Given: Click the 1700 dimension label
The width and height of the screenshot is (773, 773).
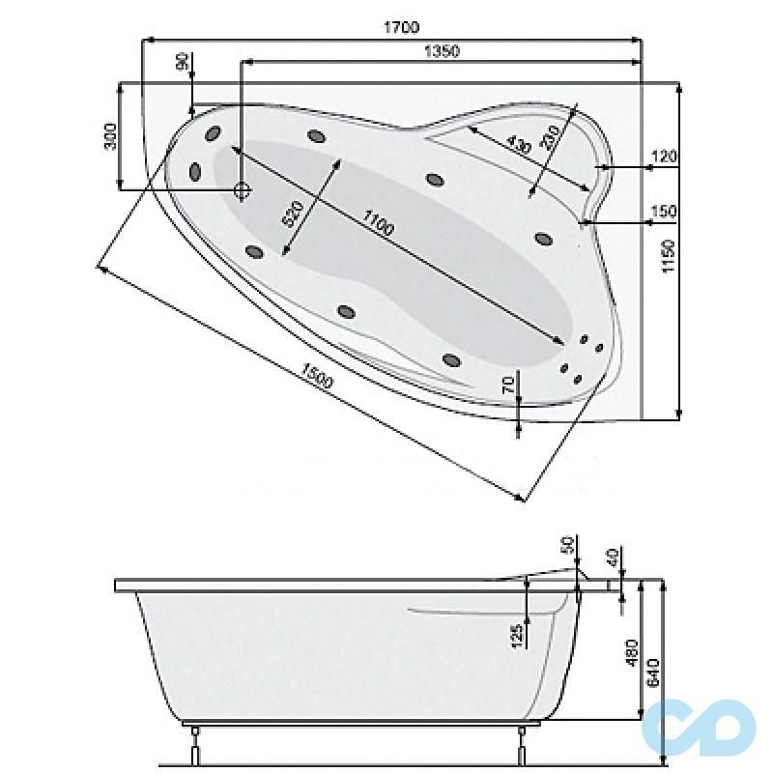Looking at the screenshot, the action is [x=401, y=27].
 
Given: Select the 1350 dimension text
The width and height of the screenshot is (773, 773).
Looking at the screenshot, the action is [x=443, y=51].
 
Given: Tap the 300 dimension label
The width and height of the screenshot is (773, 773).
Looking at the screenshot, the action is [x=110, y=136].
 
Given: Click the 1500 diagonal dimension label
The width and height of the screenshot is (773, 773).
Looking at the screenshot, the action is [x=317, y=375].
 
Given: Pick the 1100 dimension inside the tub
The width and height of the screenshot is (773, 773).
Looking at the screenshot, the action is [x=377, y=223].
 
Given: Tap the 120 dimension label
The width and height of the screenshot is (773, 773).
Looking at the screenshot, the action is [x=664, y=157].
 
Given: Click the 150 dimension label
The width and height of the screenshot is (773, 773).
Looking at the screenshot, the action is [x=664, y=212].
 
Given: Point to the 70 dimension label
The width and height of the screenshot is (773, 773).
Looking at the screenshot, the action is [x=509, y=384].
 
